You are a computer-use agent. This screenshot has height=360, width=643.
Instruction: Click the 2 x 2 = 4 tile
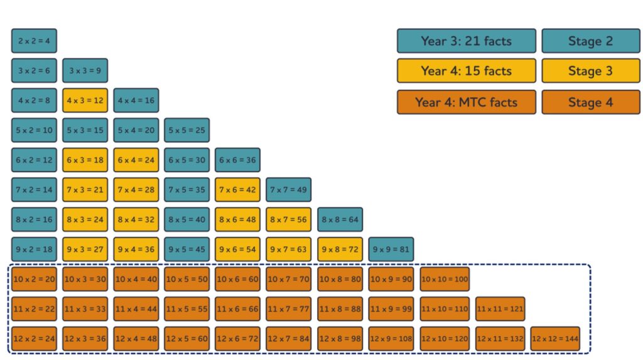34,41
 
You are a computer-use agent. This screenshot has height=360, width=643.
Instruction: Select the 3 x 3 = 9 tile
85,70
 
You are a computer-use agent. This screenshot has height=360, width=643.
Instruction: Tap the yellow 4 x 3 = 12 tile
85,101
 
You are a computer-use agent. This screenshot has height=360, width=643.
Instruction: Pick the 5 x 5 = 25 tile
186,130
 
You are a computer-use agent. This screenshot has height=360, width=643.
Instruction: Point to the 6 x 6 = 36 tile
237,160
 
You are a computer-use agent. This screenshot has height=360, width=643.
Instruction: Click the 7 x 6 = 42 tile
237,190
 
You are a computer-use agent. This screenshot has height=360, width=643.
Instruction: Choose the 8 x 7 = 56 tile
288,219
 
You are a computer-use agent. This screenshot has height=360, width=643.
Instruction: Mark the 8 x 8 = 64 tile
340,219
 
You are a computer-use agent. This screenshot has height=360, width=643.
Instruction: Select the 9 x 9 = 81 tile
391,249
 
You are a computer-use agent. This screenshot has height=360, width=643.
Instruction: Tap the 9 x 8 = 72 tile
340,249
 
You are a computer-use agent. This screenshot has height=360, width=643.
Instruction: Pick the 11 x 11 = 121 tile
500,309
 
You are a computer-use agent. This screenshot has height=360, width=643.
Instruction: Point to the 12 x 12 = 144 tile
555,339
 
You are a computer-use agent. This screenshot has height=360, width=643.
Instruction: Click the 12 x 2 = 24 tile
34,339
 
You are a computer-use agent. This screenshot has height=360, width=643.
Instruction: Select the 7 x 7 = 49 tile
288,190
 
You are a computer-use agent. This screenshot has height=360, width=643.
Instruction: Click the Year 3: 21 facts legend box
466,41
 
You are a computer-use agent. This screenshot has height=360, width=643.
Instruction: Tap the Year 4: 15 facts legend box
466,71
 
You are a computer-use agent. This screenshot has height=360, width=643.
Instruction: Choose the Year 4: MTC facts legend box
466,102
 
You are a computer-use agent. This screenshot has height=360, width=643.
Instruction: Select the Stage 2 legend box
590,41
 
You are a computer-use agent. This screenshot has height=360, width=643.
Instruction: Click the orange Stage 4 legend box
590,102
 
